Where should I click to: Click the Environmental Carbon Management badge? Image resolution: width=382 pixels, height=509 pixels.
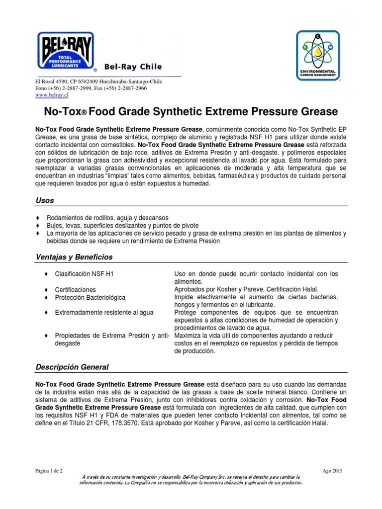coord(318,55)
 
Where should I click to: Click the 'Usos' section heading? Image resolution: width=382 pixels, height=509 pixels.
coord(45,200)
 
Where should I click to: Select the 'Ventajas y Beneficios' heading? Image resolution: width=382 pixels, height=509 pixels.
coord(74,257)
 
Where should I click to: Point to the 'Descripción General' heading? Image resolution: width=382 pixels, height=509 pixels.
coord(72,367)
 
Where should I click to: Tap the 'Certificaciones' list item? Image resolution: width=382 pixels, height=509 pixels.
coord(76,289)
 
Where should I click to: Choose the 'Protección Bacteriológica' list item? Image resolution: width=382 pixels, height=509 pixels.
coord(90,297)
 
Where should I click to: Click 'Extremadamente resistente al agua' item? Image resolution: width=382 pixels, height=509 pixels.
coord(104,313)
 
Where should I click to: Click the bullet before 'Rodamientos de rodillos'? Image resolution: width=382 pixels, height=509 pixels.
coord(38,218)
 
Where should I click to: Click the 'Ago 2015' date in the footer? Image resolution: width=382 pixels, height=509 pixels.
coord(333,470)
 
